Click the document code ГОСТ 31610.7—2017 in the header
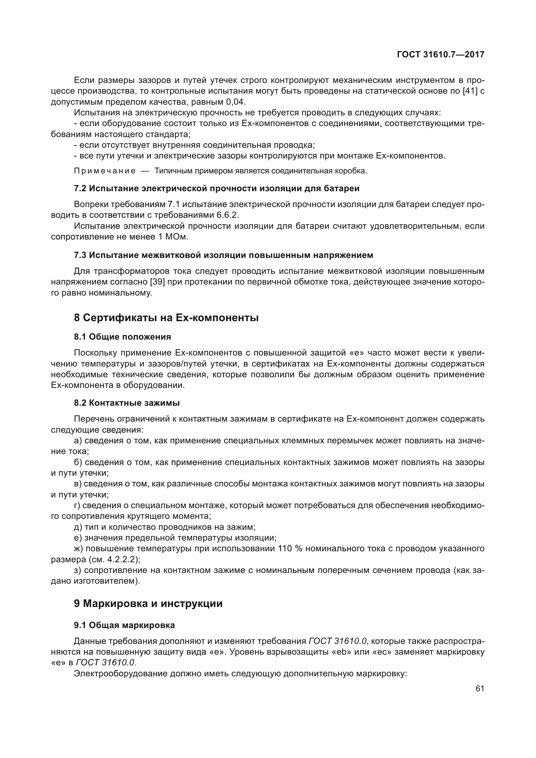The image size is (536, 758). (441, 54)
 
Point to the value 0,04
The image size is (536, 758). (236, 102)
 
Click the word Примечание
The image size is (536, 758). (105, 171)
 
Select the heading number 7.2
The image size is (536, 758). (80, 189)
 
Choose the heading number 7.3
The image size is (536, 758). (80, 255)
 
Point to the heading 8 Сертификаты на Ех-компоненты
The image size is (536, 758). (166, 318)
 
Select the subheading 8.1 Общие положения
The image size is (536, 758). (122, 337)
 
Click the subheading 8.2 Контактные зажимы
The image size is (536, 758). (127, 403)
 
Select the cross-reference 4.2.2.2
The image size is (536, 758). (119, 559)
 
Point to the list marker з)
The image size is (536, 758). (78, 570)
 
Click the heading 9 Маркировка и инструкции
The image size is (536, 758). (148, 603)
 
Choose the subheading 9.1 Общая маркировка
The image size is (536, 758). (124, 625)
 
